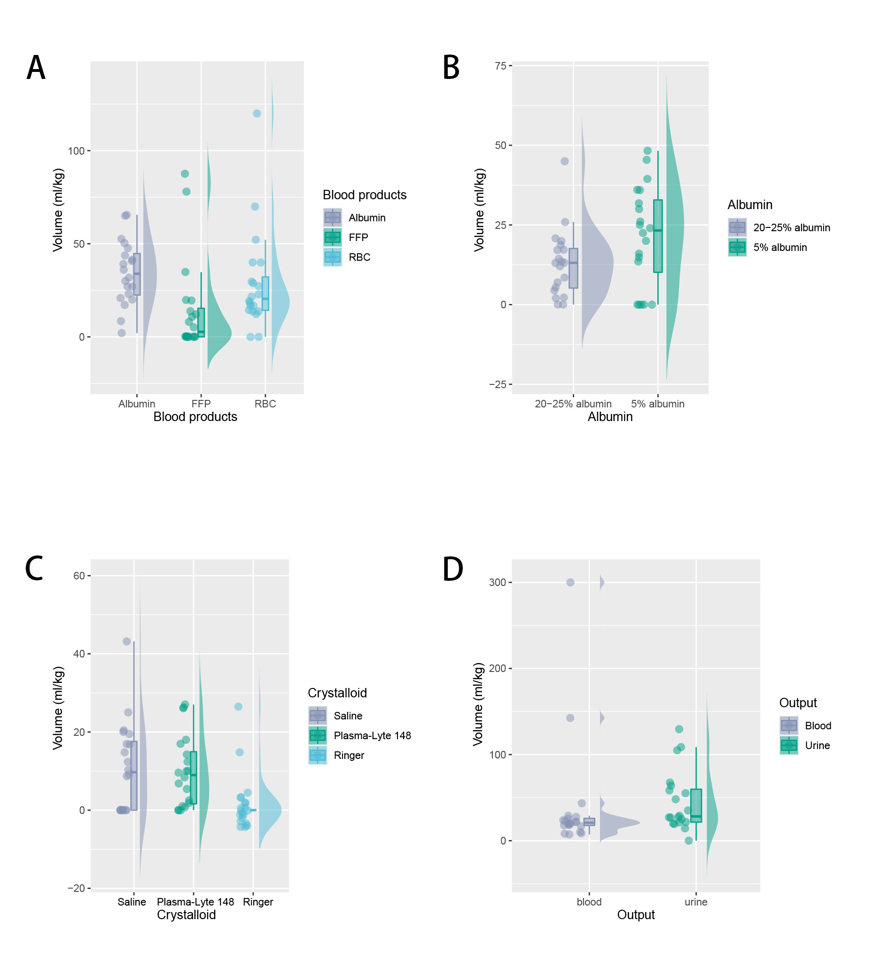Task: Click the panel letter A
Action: [x=36, y=68]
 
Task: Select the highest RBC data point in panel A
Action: [x=257, y=113]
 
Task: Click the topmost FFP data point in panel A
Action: [x=185, y=174]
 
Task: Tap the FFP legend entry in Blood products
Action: [x=358, y=237]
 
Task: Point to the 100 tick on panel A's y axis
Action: [x=76, y=151]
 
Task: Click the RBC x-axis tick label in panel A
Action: [x=265, y=404]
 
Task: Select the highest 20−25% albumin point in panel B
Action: [x=565, y=161]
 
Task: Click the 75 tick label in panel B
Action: [x=501, y=66]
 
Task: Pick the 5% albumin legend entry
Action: [x=779, y=247]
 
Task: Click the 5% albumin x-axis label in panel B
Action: [x=657, y=404]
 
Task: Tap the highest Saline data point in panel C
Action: [x=127, y=641]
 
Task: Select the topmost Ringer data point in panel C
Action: [x=238, y=706]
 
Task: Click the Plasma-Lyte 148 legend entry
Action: [x=372, y=735]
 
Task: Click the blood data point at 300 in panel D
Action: [x=570, y=582]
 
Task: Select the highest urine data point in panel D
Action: [x=679, y=729]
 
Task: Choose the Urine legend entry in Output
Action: [x=817, y=746]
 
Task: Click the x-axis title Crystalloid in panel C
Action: [x=187, y=914]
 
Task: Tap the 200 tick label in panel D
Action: [x=497, y=668]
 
